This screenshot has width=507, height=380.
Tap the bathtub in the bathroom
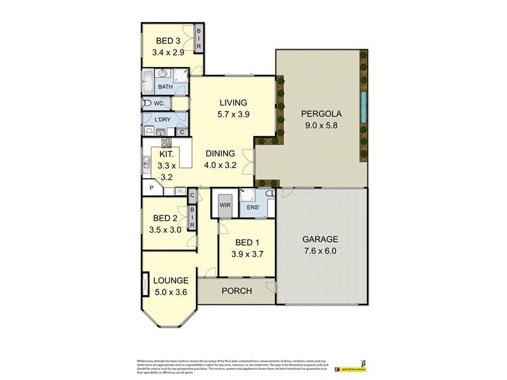point(147,82)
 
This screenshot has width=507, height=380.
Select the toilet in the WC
point(148,103)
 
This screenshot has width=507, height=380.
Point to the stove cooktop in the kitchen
point(167,142)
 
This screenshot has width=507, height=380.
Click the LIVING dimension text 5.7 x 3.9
point(233,115)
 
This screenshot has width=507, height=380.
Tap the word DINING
point(220,153)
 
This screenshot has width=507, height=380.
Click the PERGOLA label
point(321,114)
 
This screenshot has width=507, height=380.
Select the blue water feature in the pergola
point(363,106)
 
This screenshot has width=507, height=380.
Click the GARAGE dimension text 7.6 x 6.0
point(320,251)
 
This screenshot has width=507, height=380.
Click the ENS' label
point(253,206)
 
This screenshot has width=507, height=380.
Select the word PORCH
point(236,291)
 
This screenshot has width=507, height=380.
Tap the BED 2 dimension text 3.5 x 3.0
point(165,230)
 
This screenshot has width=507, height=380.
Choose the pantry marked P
point(152,188)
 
